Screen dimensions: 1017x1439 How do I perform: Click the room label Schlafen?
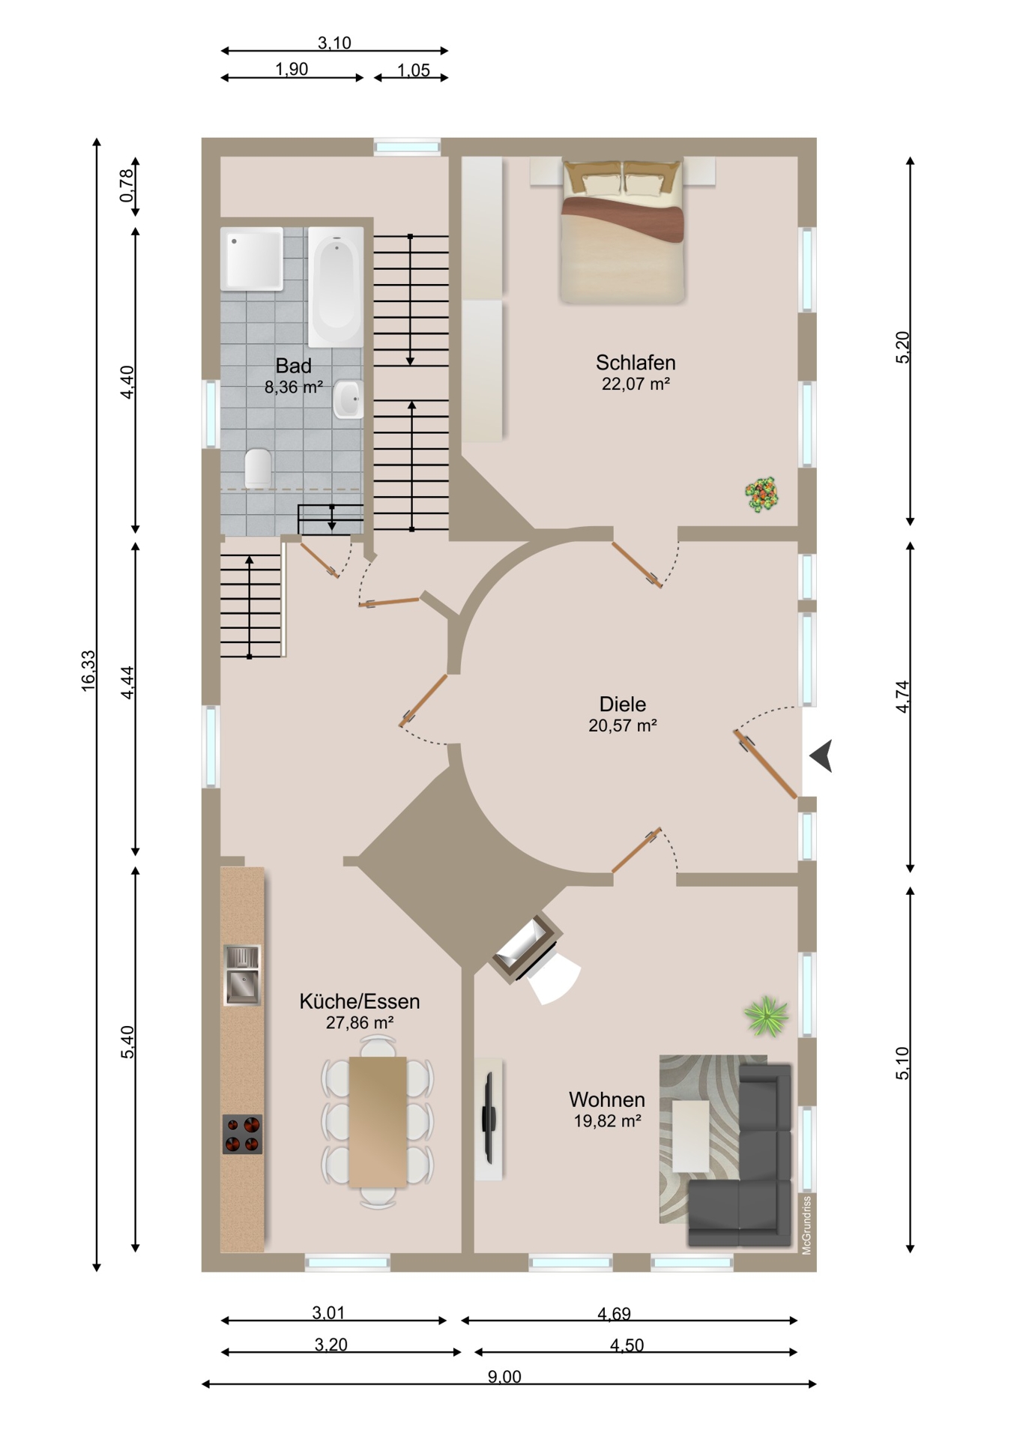click(x=636, y=363)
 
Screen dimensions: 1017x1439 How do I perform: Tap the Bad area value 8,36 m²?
click(x=294, y=387)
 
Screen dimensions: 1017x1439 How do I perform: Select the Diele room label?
click(x=622, y=705)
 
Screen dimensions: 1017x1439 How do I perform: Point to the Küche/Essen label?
click(x=360, y=1001)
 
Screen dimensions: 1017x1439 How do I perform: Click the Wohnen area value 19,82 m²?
click(x=607, y=1121)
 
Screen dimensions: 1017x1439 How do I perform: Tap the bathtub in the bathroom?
click(x=336, y=287)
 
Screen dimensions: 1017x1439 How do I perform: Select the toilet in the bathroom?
click(x=258, y=468)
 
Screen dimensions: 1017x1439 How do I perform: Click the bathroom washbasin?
click(x=348, y=399)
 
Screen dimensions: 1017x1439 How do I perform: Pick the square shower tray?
click(x=252, y=259)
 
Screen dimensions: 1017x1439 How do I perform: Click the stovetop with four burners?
click(x=242, y=1134)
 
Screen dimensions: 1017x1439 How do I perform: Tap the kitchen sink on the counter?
click(x=242, y=975)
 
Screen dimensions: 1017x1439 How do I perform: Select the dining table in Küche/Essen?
click(x=378, y=1122)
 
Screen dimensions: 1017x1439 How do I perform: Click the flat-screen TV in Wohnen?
click(x=489, y=1119)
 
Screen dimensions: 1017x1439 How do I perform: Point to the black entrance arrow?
click(x=821, y=755)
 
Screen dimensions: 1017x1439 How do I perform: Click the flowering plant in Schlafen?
click(x=761, y=495)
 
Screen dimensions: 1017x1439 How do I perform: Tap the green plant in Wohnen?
click(x=766, y=1016)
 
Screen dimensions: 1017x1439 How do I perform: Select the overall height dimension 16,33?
click(x=88, y=671)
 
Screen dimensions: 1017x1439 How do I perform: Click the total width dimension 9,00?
click(x=504, y=1377)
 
